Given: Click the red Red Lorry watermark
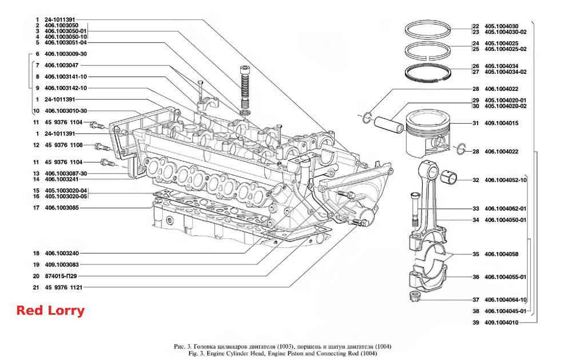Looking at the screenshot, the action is tap(50, 311).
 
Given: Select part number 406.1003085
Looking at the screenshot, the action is tap(62, 208).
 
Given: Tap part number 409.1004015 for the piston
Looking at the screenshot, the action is tap(501, 123).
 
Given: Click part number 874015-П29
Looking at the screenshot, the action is tap(61, 276).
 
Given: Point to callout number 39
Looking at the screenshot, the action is tap(476, 322).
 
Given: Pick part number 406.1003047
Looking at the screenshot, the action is tap(61, 65).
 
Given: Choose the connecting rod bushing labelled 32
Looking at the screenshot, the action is tap(449, 178).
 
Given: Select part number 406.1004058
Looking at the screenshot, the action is tap(501, 254).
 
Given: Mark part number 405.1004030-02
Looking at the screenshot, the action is tap(505, 32).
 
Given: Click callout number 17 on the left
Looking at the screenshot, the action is tap(36, 208).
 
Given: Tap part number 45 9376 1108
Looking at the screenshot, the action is tap(64, 145).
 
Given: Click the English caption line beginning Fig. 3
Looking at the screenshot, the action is tap(283, 354).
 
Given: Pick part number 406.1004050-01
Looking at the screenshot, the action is tap(505, 220).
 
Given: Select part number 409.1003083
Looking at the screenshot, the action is tap(62, 264).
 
